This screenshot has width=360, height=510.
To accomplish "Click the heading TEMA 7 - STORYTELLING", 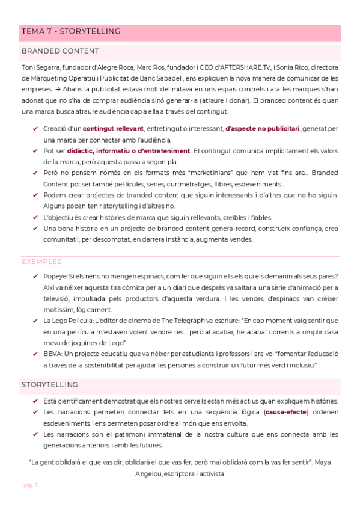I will [71, 31].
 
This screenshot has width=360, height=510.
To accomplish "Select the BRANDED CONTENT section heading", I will [60, 51].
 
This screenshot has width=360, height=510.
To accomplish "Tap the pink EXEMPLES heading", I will [41, 262].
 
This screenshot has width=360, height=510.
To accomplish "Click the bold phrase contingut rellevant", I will [113, 129].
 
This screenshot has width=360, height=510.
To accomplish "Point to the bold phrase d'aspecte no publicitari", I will [262, 129].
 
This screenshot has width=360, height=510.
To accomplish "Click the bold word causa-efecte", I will [286, 412].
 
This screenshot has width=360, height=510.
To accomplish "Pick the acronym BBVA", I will [52, 354].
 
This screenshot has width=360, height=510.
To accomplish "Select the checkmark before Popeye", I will [35, 277].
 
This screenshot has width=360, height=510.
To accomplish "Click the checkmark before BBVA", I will [35, 354].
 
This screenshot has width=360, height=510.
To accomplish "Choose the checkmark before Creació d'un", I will [35, 129].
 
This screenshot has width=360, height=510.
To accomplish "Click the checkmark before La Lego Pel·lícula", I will [35, 321].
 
